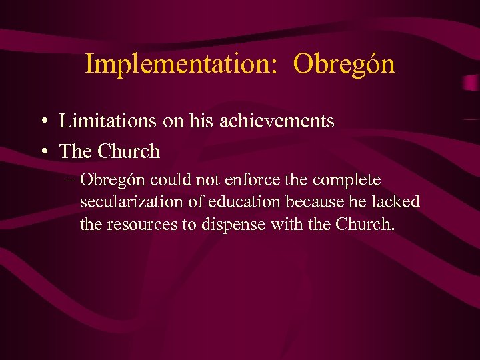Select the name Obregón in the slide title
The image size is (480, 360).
[x=344, y=64]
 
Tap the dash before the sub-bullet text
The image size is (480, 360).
[x=69, y=181]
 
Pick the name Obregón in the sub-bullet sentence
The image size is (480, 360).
[x=113, y=181]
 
